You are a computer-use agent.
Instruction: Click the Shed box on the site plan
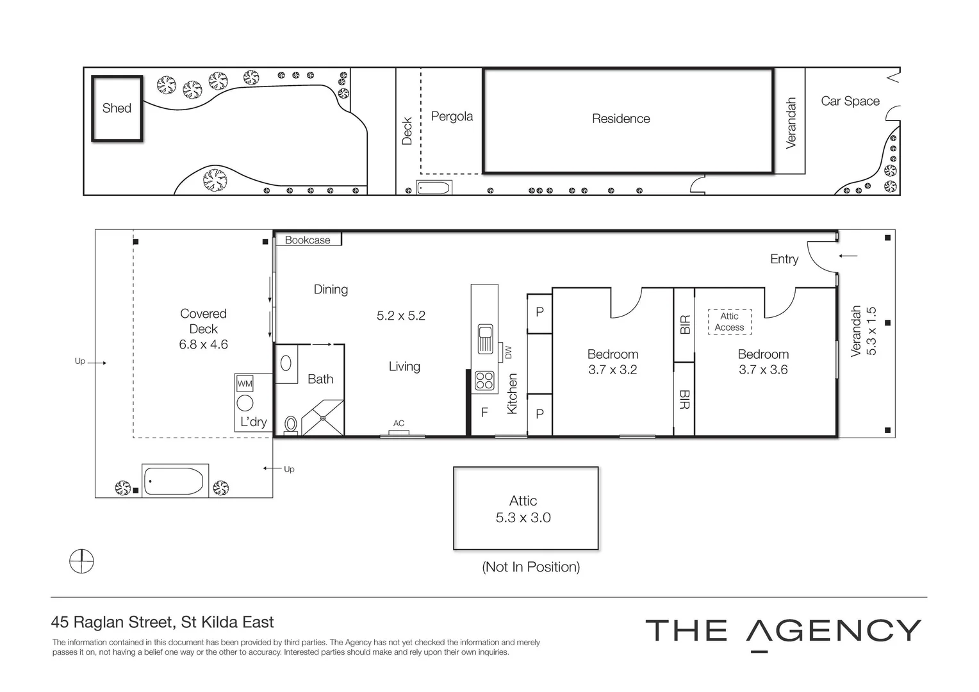(x=117, y=108)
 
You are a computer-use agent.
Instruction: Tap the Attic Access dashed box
(x=729, y=322)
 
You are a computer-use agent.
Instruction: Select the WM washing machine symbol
(x=245, y=384)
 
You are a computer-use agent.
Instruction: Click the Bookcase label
(x=308, y=240)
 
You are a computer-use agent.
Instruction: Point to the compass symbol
(x=81, y=562)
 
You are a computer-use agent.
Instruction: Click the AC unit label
(x=399, y=424)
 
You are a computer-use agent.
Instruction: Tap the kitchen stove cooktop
(x=484, y=381)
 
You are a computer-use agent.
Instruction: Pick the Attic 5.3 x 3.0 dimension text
(x=523, y=518)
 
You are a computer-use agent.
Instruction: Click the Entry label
(x=784, y=259)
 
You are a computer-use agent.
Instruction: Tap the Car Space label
(x=850, y=101)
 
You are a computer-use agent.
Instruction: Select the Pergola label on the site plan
(x=452, y=117)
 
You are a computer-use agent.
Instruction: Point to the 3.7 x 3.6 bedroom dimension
(x=763, y=370)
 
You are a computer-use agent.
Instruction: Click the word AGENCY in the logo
(x=834, y=631)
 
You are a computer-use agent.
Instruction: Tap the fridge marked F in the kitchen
(x=484, y=413)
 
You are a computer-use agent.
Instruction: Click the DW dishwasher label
(x=509, y=352)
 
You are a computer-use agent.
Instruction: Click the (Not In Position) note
(x=531, y=567)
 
